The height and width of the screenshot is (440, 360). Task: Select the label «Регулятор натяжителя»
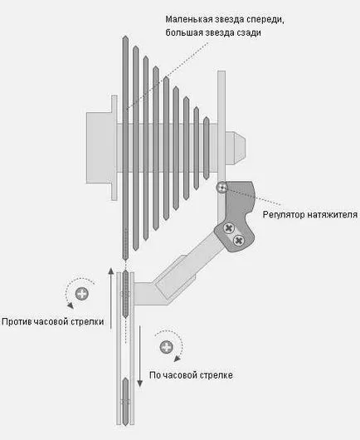coord(310,215)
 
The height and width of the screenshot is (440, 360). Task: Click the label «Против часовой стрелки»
coord(53,321)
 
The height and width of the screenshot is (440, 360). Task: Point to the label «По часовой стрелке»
coord(191,375)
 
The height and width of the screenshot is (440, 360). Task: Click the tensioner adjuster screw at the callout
coord(222,187)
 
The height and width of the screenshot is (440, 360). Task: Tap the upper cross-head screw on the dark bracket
coord(229,227)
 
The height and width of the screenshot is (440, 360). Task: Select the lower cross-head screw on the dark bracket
coord(239,240)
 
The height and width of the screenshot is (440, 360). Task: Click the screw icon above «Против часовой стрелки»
coord(82,294)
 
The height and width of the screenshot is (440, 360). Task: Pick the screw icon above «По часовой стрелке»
coord(167,347)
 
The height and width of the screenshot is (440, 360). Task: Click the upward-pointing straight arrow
coord(111,298)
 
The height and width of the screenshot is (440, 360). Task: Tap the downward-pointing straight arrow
coord(139,356)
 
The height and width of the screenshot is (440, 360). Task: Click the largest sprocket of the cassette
coord(125,148)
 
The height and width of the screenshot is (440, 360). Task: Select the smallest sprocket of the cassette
coord(206,148)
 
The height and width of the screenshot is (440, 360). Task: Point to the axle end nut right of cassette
coord(236,148)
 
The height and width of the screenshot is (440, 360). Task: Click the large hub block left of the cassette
coord(100,148)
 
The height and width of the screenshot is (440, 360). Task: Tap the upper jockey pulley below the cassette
coord(125,294)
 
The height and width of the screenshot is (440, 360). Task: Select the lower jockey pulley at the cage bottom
coord(125,402)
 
